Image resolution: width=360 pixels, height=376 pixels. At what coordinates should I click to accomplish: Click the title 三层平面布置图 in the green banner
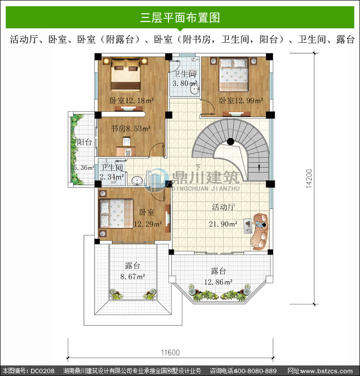pos(180,17)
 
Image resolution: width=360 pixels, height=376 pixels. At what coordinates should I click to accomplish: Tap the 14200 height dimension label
pos(309,179)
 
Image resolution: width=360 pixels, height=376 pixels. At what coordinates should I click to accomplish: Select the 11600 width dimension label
pos(170,352)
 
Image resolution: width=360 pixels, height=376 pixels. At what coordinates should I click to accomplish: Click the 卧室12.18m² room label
pos(132,100)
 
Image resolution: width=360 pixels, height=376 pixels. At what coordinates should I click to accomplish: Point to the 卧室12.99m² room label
pos(241,100)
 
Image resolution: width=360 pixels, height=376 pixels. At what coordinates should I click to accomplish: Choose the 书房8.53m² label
pos(131,129)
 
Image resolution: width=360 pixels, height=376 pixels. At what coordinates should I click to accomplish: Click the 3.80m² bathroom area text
pos(185,83)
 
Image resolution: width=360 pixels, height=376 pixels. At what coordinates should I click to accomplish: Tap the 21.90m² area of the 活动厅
pos(223,224)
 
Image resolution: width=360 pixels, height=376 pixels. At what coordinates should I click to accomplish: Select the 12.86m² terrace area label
pos(218,282)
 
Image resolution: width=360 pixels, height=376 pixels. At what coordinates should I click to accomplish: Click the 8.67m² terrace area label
pos(132,277)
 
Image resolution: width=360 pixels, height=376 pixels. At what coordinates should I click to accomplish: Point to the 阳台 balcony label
pos(84,142)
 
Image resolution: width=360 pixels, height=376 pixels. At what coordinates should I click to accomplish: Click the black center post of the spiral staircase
pos(230,142)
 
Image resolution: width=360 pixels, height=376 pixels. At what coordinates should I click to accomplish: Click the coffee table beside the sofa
pos(248,226)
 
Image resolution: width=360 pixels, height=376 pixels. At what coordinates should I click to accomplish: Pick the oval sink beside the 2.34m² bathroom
pos(137,181)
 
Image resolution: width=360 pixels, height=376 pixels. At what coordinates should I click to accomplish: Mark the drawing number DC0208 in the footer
pos(42,371)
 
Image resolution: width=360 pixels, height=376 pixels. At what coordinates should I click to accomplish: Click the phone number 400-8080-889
pos(255,371)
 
